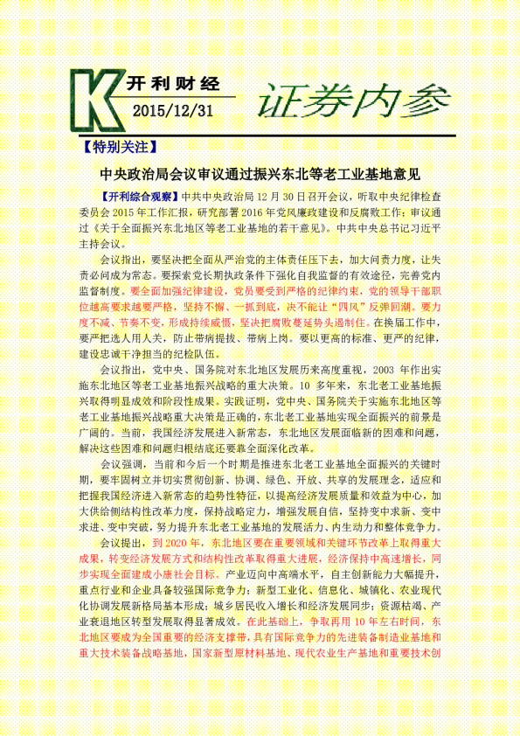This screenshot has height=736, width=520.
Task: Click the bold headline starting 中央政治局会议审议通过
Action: (x=260, y=175)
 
